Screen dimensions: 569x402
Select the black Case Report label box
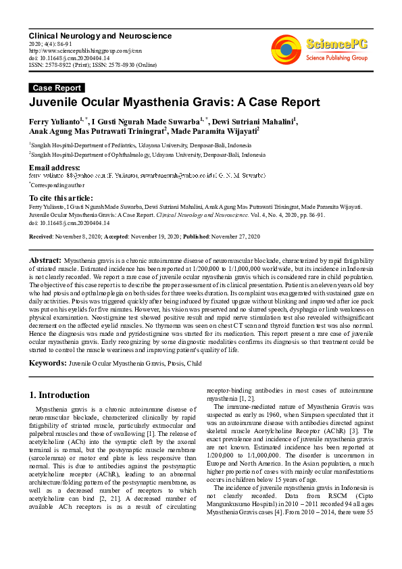(x=57, y=88)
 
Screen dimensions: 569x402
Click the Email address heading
(x=54, y=168)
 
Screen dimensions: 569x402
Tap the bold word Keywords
(x=47, y=364)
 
